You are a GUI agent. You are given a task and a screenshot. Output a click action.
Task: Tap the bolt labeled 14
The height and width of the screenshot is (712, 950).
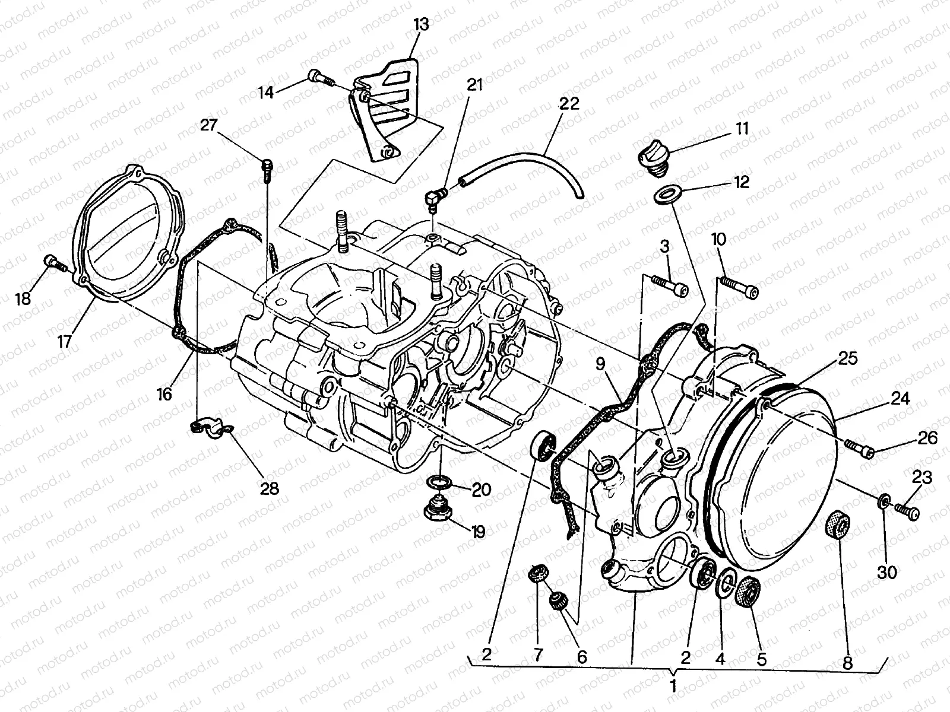pos(319,77)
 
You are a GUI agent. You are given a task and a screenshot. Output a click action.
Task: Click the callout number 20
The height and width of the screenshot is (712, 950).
pos(481,489)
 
